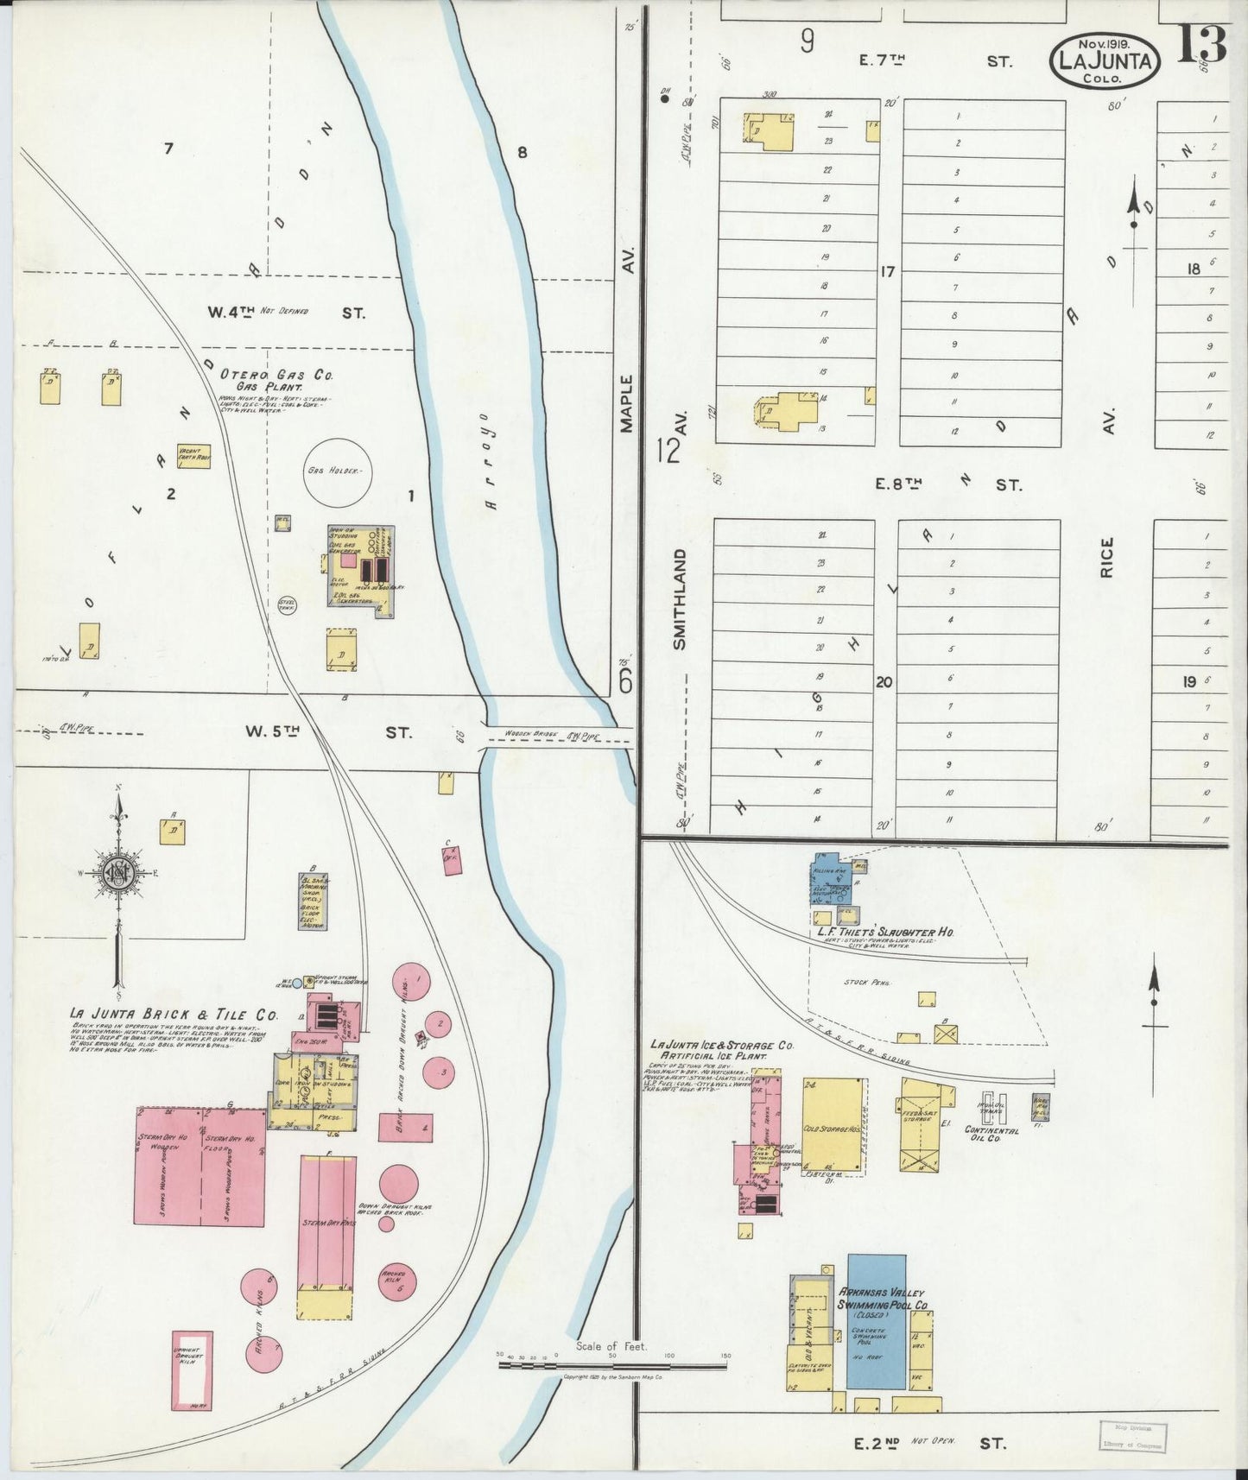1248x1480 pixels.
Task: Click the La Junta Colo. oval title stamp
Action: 1104,60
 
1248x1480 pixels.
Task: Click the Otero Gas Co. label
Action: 276,375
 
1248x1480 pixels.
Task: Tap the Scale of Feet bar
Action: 611,1366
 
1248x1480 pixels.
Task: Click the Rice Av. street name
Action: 1108,557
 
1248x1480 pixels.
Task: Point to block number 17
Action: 886,271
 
